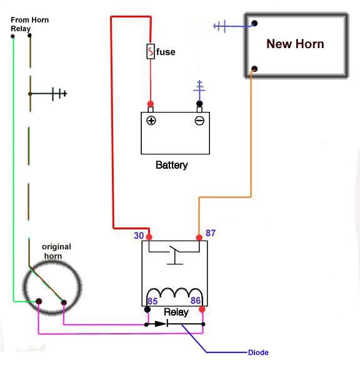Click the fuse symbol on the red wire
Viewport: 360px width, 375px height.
[151, 52]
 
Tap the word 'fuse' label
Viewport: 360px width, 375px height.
[166, 52]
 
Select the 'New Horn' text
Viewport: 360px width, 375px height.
[295, 44]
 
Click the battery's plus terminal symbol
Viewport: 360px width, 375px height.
[151, 121]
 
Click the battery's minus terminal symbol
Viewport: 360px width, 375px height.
[199, 121]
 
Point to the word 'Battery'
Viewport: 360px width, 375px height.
[171, 166]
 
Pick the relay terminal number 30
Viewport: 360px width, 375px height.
[139, 236]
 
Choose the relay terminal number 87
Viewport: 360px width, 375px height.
[210, 233]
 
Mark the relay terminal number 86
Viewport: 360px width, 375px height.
[195, 301]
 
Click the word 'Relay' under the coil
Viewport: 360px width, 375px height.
[176, 312]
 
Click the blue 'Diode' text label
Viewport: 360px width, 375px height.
[258, 352]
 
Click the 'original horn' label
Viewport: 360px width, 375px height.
[56, 251]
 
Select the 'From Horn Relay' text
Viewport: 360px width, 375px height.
[29, 24]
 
